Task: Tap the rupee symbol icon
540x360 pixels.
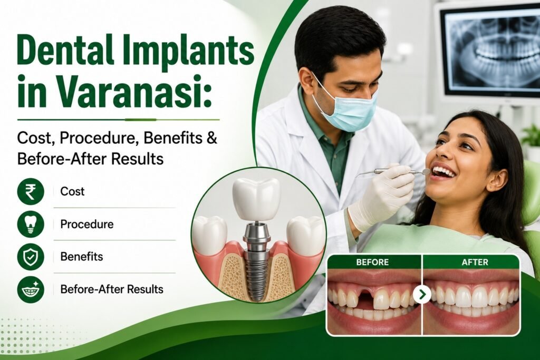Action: coord(31,191)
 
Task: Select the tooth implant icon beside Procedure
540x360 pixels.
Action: coord(31,224)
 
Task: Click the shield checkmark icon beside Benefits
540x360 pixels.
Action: coord(31,257)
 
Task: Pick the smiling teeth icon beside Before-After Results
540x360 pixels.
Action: coord(31,289)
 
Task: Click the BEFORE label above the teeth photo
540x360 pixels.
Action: coord(372,262)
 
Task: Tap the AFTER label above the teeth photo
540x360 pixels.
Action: coord(475,262)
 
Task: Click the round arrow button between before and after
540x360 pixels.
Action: coord(422,295)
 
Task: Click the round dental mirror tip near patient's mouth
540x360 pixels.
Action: coord(426,171)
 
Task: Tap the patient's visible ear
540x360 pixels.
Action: coord(495,179)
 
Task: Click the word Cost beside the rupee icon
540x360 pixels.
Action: coord(72,191)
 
